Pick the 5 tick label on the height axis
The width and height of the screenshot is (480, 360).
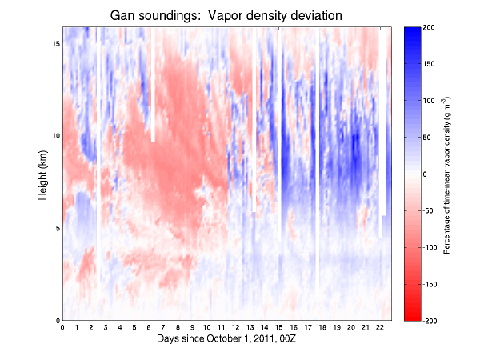[x=54, y=228]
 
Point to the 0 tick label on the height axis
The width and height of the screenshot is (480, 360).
[x=54, y=320]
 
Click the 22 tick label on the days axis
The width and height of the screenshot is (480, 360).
[x=379, y=328]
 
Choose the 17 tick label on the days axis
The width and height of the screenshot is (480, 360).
[x=307, y=328]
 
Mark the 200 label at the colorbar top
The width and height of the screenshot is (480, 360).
[x=428, y=27]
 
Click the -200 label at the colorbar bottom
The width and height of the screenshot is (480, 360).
[x=430, y=320]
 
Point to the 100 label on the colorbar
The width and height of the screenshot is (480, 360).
[x=428, y=100]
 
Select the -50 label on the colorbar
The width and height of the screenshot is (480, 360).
[x=428, y=210]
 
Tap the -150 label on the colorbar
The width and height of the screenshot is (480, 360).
[x=430, y=283]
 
